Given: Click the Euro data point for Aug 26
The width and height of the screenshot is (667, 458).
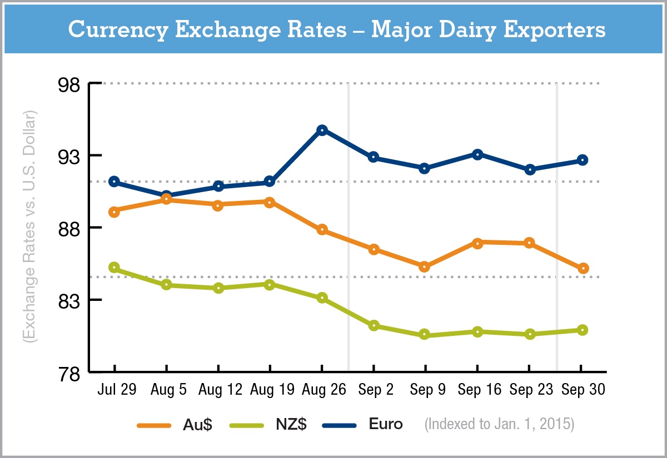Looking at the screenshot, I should (322, 130).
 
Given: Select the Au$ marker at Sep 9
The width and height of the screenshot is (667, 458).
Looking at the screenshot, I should (425, 267).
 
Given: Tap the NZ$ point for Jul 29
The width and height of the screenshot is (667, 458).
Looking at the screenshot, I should (115, 268).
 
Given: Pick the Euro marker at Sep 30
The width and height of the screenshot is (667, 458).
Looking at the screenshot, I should (582, 160).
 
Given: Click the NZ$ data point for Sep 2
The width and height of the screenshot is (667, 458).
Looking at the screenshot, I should (374, 325).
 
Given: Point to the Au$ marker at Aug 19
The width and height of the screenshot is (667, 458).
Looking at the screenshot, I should (270, 203).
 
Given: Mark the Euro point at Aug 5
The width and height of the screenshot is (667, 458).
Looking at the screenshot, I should (166, 196).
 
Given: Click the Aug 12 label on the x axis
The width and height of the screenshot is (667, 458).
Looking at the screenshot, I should (221, 390).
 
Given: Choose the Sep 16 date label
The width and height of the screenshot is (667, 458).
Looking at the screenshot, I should (477, 390).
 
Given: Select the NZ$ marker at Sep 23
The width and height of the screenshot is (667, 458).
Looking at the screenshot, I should (530, 334).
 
